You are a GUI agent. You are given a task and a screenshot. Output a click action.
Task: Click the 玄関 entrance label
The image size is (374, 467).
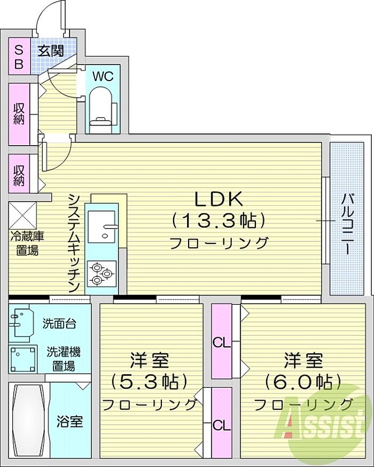point(52,51)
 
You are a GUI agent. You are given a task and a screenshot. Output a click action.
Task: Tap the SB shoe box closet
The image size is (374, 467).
point(19,56)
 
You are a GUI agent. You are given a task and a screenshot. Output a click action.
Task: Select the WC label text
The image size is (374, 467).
point(103,76)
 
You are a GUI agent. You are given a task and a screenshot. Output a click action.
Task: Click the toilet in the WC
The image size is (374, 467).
point(102,110)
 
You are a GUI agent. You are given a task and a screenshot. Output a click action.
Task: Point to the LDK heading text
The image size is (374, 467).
point(219,199)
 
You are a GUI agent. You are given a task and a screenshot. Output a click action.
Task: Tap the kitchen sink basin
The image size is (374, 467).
point(102,226)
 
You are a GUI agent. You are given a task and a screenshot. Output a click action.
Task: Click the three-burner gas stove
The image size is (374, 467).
point(102,274)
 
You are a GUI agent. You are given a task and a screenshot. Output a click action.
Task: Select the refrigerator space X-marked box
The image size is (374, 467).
point(22,216)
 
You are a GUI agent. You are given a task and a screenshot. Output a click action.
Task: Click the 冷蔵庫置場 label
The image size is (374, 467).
point(27,243)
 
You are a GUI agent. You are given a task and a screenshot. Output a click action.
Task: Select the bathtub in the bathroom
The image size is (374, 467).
point(30,420)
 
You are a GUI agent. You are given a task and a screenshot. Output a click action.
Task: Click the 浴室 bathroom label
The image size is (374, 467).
point(70,422)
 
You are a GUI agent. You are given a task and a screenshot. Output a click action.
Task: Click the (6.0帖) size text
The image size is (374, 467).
point(303,381)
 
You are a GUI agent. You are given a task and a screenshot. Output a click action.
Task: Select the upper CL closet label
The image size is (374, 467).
point(222,343)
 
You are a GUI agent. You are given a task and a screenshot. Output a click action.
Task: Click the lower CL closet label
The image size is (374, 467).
point(222,426)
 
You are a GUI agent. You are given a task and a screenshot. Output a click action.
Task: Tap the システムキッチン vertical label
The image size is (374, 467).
point(74,243)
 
